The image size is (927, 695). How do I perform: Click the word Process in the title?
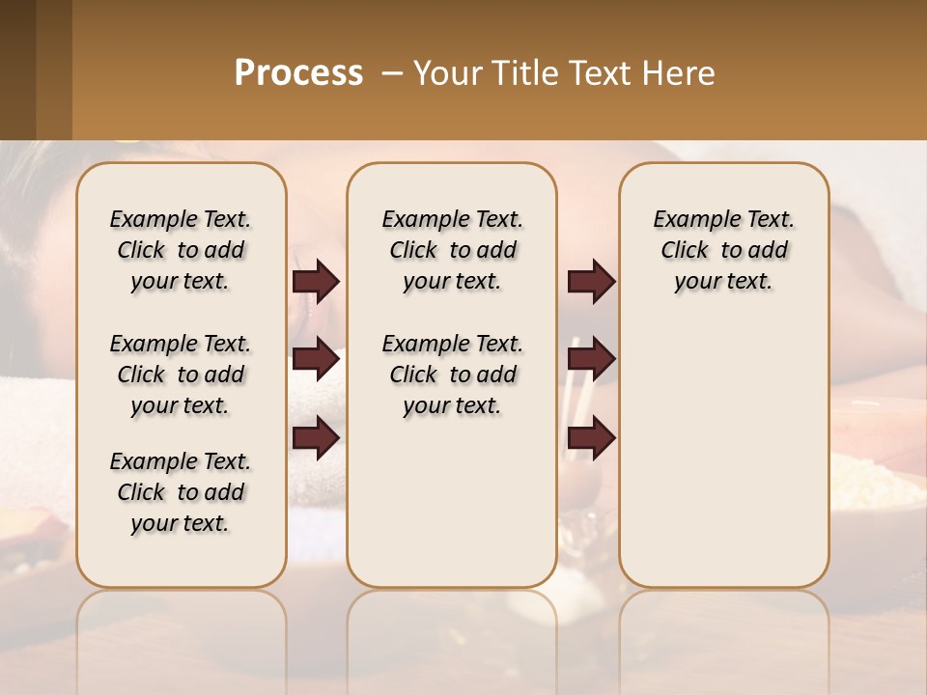(x=298, y=73)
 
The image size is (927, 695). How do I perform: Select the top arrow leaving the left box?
(x=316, y=281)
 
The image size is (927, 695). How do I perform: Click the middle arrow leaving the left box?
(x=316, y=359)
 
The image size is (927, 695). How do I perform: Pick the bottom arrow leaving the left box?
(x=316, y=438)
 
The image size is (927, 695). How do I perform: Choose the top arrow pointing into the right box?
(x=591, y=281)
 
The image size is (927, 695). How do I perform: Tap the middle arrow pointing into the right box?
(x=591, y=359)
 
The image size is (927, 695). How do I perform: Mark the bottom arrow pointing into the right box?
(x=591, y=438)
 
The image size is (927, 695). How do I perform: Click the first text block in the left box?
(x=181, y=250)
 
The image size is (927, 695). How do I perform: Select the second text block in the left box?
(x=181, y=375)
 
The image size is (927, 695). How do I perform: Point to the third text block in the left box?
(x=181, y=492)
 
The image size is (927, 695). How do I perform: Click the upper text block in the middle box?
(x=452, y=250)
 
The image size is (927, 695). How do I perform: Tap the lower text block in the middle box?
(x=452, y=375)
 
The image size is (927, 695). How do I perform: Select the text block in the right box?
(x=723, y=250)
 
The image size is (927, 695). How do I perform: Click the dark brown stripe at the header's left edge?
(x=17, y=69)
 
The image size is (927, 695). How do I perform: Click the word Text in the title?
(x=594, y=73)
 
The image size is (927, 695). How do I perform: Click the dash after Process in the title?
(x=392, y=73)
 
